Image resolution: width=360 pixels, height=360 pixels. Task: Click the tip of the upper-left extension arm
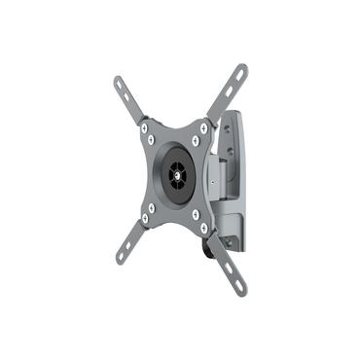click(117, 79)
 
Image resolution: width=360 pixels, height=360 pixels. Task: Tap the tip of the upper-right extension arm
click(242, 69)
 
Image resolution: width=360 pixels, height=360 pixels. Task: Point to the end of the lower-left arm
click(121, 260)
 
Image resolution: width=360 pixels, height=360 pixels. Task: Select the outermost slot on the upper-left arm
click(121, 85)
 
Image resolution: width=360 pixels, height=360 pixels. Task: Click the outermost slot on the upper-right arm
click(237, 76)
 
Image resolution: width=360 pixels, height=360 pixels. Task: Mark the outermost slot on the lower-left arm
click(125, 254)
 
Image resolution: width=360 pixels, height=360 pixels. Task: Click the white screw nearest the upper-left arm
click(145, 126)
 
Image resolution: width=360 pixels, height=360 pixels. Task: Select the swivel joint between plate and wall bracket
click(220, 180)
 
